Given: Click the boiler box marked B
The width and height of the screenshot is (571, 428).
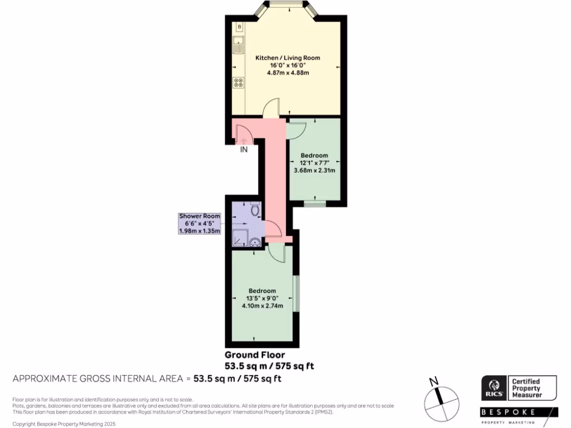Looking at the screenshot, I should pyautogui.click(x=239, y=27).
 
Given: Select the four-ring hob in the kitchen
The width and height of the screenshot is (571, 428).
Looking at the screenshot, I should pyautogui.click(x=239, y=82).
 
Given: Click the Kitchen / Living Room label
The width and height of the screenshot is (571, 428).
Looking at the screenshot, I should pyautogui.click(x=288, y=58).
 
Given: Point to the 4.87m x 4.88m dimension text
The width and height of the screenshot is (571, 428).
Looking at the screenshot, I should pyautogui.click(x=288, y=72).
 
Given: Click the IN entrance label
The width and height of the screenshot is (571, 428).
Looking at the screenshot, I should pyautogui.click(x=244, y=149).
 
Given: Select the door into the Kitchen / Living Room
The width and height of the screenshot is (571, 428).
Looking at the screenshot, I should pyautogui.click(x=272, y=108).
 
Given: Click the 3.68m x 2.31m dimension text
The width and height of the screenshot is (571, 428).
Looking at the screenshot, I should pyautogui.click(x=314, y=171).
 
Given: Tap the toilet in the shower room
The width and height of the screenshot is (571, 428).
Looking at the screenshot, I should pyautogui.click(x=255, y=210).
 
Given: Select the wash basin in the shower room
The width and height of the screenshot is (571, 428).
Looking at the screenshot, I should pyautogui.click(x=255, y=241).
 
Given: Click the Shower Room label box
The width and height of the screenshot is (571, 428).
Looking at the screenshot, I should pyautogui.click(x=199, y=223).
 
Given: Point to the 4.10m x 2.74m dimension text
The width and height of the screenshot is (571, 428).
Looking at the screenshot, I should pyautogui.click(x=262, y=305).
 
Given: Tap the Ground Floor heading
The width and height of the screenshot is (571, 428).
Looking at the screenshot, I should pyautogui.click(x=255, y=355).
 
